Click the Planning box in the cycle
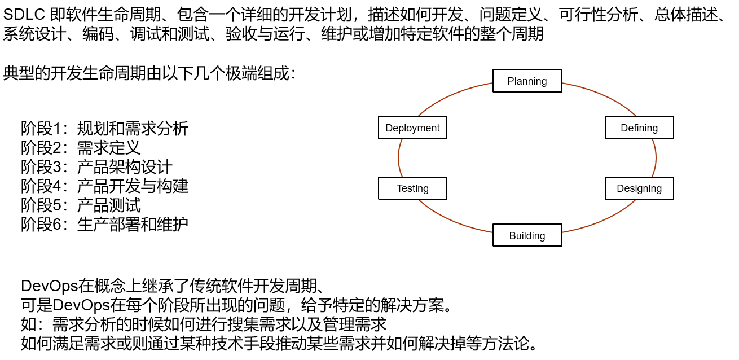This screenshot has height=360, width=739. [527, 81]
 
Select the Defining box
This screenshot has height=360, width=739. [639, 128]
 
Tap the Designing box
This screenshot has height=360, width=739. [639, 188]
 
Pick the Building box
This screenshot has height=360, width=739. [527, 235]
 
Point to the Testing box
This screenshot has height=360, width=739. [412, 188]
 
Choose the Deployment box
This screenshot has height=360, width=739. [412, 128]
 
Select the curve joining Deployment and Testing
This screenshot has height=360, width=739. [398, 158]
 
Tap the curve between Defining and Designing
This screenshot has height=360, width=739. [656, 158]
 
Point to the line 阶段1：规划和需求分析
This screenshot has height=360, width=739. [104, 128]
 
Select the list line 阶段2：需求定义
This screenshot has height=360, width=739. [81, 147]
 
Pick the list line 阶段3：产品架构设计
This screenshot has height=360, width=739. [96, 166]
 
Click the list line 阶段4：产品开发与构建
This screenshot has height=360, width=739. [104, 186]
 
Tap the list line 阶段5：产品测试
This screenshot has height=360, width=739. [81, 205]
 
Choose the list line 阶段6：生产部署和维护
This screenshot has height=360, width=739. [104, 224]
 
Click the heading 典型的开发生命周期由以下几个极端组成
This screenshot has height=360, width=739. [149, 73]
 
